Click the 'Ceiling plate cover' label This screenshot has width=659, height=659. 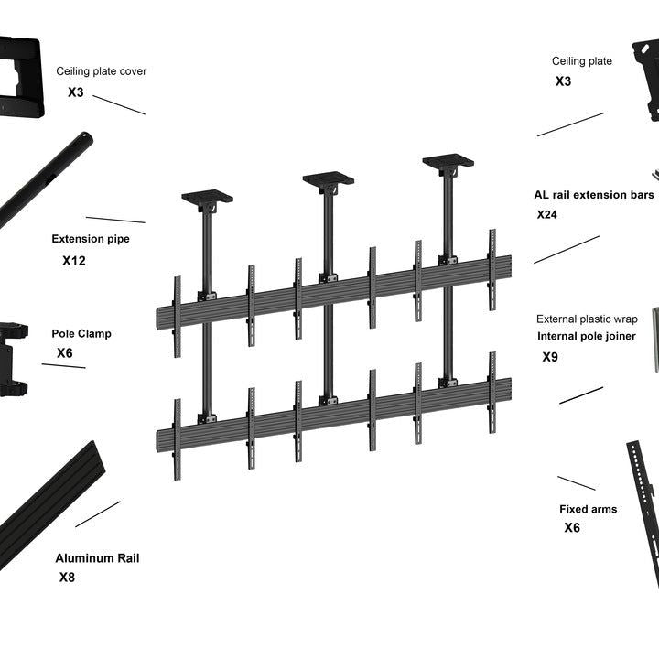click(x=101, y=71)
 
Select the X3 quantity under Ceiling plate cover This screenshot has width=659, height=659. click(x=76, y=92)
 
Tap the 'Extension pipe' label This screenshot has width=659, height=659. click(x=91, y=239)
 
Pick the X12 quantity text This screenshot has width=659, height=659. click(x=74, y=261)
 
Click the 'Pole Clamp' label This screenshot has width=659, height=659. click(x=81, y=334)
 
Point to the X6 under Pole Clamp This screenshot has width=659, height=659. click(x=65, y=353)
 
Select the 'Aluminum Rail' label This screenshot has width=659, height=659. click(x=97, y=558)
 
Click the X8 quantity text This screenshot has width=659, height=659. click(x=68, y=578)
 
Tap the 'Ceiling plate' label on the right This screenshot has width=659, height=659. click(x=582, y=61)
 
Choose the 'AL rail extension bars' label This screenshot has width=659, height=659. click(x=594, y=195)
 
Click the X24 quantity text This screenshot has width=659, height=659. click(x=547, y=215)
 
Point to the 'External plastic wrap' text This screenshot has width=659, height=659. click(x=587, y=319)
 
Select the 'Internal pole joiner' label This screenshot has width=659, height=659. click(x=587, y=336)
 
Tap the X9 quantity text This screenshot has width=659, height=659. click(x=550, y=357)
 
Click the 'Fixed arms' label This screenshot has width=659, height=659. click(x=588, y=509)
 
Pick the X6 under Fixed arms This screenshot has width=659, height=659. click(x=572, y=528)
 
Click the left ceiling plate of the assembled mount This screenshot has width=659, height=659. click(x=207, y=197)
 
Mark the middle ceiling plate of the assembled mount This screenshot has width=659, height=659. click(x=329, y=178)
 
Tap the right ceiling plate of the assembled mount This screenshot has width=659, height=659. click(x=448, y=162)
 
